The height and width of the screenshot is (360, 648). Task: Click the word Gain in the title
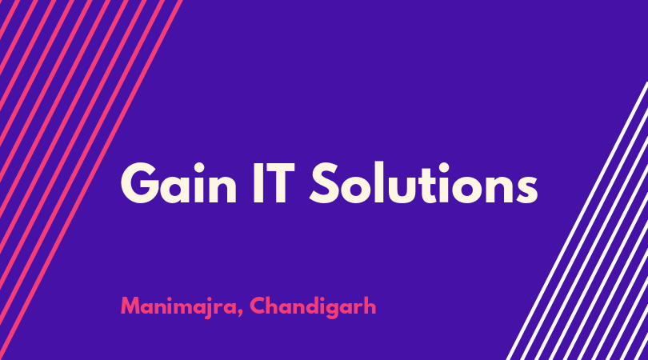(x=178, y=182)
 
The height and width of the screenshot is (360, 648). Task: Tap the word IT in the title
(x=274, y=182)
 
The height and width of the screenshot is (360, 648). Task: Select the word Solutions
(x=424, y=182)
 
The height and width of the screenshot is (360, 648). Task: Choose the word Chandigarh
(x=313, y=306)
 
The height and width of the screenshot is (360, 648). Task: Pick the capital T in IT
(x=280, y=182)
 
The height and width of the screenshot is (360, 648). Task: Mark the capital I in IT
(x=258, y=182)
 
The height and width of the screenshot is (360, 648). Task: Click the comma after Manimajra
(x=240, y=313)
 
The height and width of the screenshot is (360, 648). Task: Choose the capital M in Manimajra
(x=129, y=306)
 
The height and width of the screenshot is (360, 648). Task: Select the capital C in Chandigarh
(x=258, y=306)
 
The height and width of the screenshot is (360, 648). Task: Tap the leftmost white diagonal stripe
(x=577, y=221)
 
